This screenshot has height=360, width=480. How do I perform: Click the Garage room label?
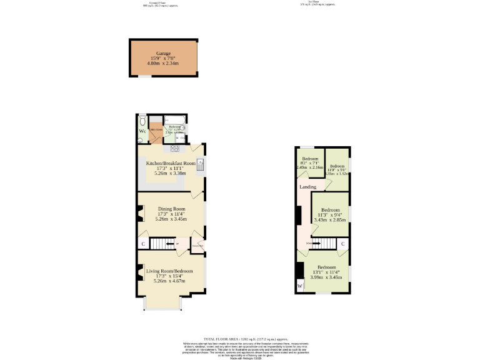(163, 54)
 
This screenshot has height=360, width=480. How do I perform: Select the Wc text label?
(142, 132)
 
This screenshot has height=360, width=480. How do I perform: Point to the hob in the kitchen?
(173, 148)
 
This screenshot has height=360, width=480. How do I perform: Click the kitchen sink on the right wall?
(201, 165)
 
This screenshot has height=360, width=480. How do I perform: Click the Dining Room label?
(171, 209)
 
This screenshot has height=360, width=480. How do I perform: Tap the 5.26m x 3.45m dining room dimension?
(171, 220)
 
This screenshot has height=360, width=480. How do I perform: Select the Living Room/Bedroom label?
(170, 271)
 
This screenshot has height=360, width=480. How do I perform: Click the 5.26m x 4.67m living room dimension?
(170, 282)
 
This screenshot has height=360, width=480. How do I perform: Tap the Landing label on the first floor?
(307, 187)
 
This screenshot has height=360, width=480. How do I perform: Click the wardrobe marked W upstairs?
(300, 286)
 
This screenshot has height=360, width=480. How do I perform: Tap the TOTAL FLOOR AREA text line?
(239, 338)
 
